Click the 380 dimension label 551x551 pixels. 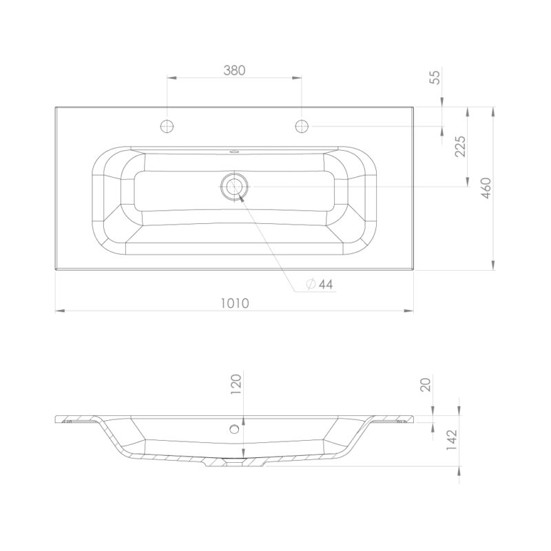coord(234,70)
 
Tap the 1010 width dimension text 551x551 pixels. coord(235,303)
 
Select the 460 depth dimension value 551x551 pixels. coord(486,188)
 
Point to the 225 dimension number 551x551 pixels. coord(460,146)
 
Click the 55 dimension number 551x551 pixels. coord(435,77)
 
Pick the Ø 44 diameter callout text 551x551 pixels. coord(319,284)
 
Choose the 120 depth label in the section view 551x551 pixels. coord(236,384)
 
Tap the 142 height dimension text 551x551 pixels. coord(452,440)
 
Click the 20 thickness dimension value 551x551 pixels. coord(425,384)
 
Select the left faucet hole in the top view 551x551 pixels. coord(167,126)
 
